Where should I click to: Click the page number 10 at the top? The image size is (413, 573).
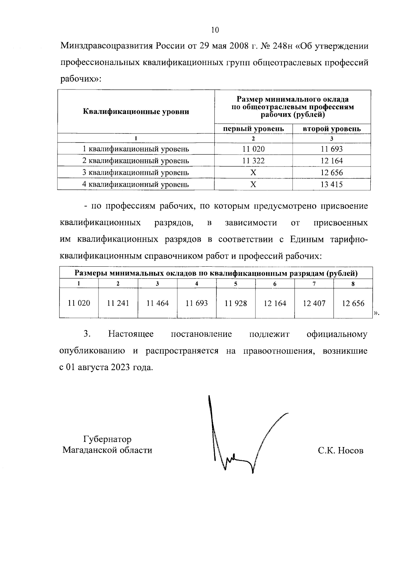(x=214, y=30)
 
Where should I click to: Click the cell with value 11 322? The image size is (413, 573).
(x=253, y=161)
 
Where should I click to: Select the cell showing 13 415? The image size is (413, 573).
(x=331, y=184)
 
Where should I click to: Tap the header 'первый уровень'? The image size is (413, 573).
(x=253, y=129)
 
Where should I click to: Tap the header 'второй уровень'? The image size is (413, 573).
(x=331, y=129)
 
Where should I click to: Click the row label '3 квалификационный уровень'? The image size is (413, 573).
(x=136, y=172)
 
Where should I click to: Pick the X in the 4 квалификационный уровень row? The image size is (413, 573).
(x=253, y=184)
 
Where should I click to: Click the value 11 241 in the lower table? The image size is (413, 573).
(x=118, y=303)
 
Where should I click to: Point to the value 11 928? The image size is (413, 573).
(x=235, y=303)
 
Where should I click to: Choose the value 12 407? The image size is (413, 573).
(x=314, y=303)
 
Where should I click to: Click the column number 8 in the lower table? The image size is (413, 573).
(x=353, y=284)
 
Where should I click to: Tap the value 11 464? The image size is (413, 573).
(x=157, y=303)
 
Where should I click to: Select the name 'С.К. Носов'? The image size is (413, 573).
(x=340, y=450)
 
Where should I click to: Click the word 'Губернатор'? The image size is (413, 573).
(x=107, y=439)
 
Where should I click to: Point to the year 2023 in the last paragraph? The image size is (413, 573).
(x=120, y=367)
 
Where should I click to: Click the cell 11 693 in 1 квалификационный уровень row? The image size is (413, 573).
(x=331, y=149)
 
